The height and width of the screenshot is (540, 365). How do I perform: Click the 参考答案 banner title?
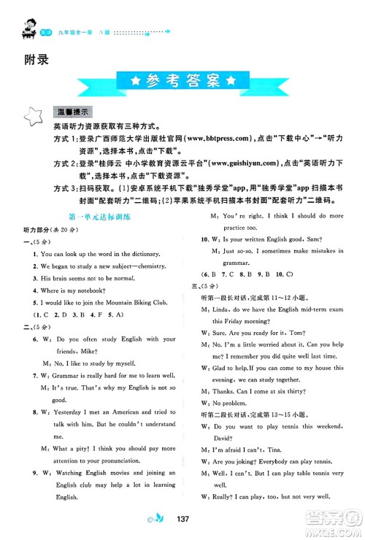(x=182, y=79)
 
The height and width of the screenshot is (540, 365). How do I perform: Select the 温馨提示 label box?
(x=73, y=113)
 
